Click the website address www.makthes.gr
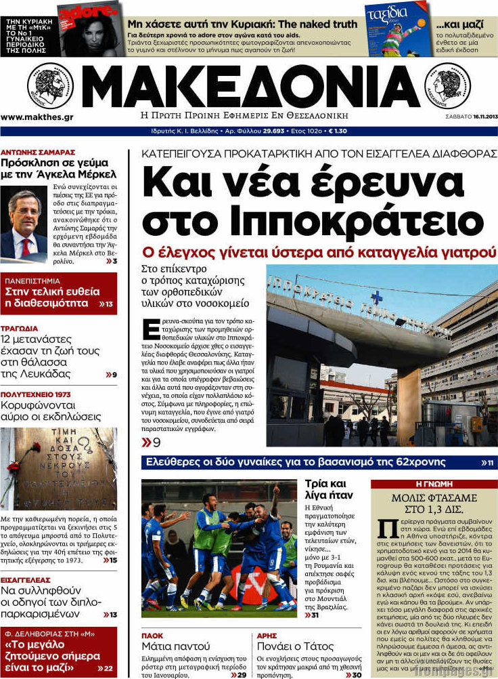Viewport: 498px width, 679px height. click(x=37, y=117)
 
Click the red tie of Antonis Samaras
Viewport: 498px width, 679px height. click(x=25, y=247)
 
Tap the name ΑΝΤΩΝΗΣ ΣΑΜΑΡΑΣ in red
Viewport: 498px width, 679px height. click(x=38, y=152)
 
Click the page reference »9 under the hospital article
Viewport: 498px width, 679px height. click(x=151, y=443)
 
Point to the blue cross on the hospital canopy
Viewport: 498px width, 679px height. click(x=376, y=297)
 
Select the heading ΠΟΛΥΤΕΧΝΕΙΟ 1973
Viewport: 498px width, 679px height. click(x=35, y=394)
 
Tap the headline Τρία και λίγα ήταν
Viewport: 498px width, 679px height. click(x=325, y=489)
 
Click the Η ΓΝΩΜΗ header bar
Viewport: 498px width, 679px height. click(x=434, y=484)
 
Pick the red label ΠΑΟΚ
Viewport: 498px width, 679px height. click(x=152, y=636)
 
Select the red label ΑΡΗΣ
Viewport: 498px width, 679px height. click(x=267, y=636)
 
